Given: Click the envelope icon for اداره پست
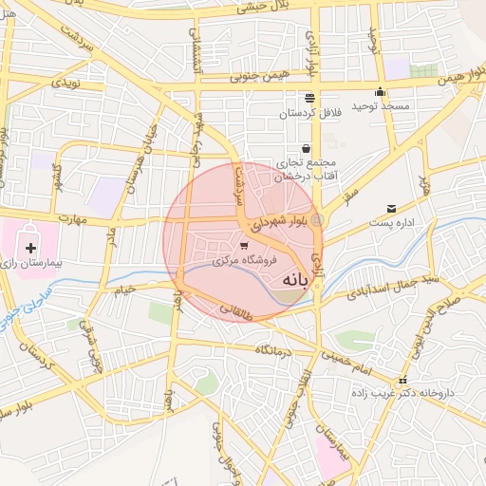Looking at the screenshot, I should pos(391,209).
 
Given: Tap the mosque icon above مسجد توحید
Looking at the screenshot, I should pos(380,92).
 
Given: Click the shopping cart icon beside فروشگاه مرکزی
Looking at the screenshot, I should pos(244,246).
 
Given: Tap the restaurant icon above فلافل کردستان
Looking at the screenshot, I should pos(309,98).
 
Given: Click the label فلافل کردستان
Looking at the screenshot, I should pos(309,112).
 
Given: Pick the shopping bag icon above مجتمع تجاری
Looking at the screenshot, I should pos(306,148).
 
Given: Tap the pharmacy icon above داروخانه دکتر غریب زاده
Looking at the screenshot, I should pos(405,378).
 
